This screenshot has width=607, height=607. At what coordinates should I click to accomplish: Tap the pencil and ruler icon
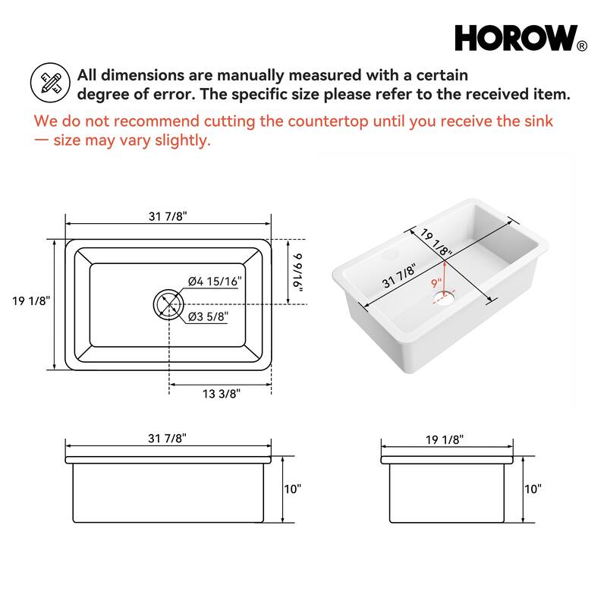point(50,83)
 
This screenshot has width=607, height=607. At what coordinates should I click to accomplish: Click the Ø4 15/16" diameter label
point(215,281)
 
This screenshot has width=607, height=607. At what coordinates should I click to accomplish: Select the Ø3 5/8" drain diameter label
point(208,316)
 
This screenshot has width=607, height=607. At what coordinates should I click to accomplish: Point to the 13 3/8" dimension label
point(222,394)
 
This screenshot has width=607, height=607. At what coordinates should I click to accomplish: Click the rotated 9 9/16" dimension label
point(297,272)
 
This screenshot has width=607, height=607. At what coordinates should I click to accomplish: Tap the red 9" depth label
point(436,283)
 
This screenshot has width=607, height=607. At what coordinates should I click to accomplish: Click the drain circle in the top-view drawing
point(168,304)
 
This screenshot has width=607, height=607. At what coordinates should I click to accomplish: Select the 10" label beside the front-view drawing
point(292,489)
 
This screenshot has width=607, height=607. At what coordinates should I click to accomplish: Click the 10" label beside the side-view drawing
point(533,489)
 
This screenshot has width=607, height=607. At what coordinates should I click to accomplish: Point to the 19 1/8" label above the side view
point(445,440)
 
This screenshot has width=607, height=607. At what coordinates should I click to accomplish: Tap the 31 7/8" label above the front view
point(167,439)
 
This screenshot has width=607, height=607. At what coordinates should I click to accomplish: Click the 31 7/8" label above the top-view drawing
point(168,216)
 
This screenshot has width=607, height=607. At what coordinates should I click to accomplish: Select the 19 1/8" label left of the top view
point(31,300)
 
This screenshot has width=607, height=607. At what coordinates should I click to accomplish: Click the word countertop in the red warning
point(328,121)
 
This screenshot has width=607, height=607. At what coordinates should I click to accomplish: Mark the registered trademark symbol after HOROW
point(582,46)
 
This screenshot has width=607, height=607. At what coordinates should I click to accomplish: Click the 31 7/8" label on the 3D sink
point(399,276)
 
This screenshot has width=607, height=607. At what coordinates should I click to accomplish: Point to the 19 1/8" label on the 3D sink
point(436,242)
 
